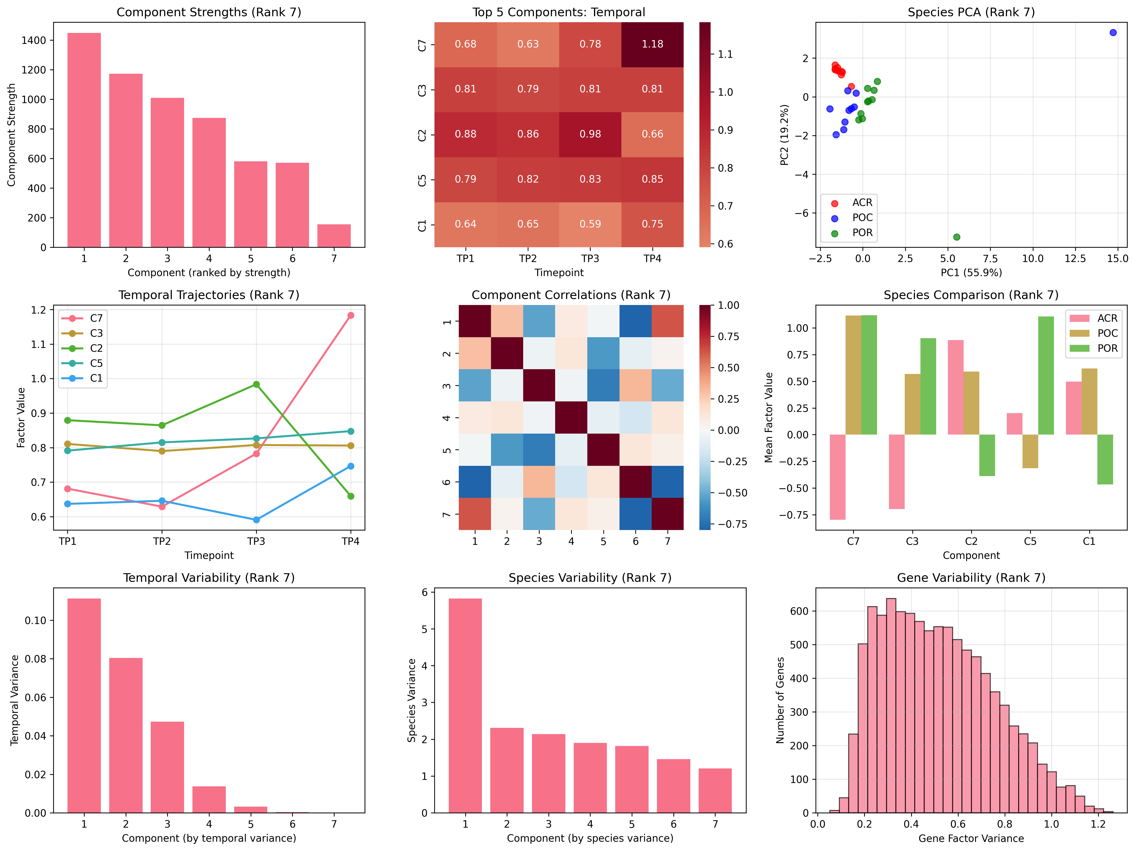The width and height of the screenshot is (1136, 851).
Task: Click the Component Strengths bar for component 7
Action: coord(334,236)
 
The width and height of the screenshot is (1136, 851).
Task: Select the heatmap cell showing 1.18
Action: coord(652,44)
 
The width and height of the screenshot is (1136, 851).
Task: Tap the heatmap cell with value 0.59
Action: coord(590,224)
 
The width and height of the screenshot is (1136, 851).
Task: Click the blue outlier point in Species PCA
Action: coord(1113,32)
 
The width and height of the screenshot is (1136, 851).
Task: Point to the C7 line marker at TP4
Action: coord(351,315)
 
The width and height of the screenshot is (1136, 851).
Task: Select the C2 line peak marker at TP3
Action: coord(256,384)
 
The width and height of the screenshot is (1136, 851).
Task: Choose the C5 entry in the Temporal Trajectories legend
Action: coord(96,363)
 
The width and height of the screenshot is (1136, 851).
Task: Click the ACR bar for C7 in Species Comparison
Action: coord(838,477)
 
